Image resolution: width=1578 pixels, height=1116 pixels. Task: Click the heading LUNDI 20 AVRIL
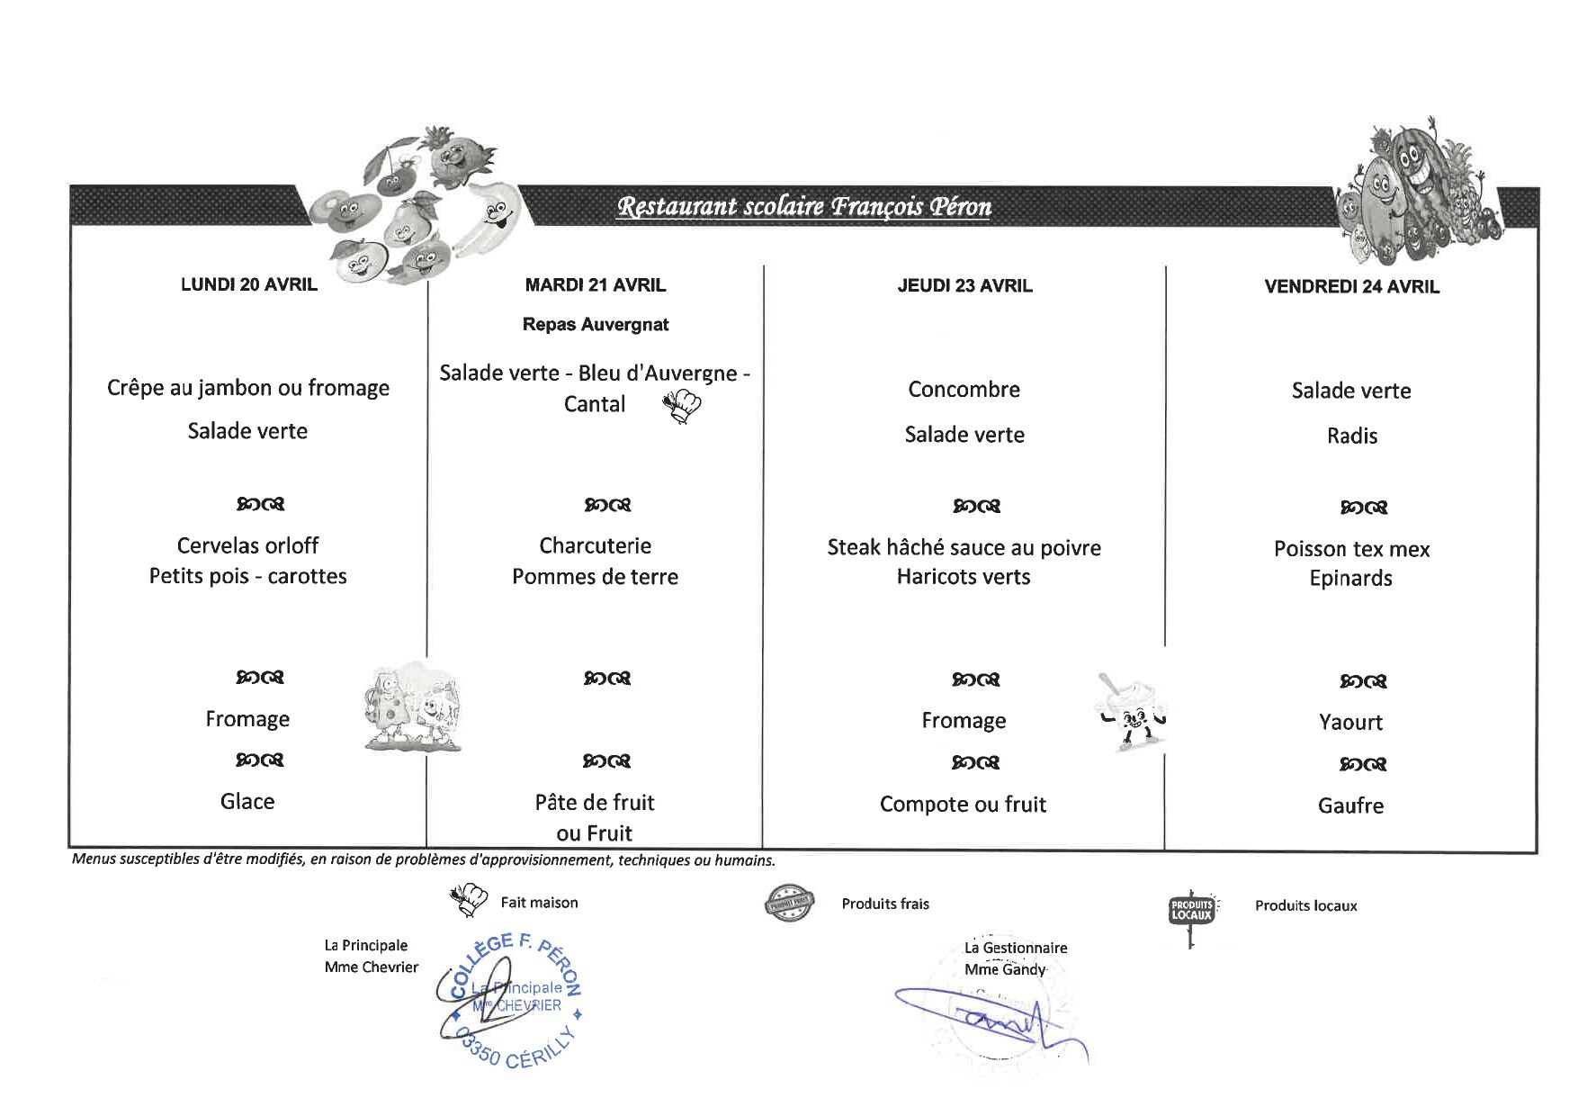248,284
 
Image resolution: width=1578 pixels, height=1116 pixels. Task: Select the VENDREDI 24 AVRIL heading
1350,286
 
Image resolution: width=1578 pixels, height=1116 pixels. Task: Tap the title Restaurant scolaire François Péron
803,207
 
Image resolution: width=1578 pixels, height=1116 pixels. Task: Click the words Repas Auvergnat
595,324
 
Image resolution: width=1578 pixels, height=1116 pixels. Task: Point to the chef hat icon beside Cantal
682,406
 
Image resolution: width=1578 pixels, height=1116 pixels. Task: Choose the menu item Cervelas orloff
247,545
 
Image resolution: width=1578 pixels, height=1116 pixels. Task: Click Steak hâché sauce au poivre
964,547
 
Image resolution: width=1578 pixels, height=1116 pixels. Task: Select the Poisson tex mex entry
1350,549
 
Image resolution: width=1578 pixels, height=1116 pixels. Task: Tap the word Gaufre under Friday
1349,805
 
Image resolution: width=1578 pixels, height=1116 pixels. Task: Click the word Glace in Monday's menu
247,801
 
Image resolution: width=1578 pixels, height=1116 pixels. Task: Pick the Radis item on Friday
1351,436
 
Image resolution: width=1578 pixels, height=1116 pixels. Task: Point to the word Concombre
964,389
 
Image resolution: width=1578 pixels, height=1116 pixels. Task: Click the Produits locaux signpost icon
1191,913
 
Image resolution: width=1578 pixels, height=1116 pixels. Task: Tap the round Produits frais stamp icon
788,903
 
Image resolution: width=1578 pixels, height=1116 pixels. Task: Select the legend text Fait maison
539,902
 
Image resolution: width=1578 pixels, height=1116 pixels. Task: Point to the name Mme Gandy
1005,969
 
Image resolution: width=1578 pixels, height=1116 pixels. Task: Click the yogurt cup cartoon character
1131,711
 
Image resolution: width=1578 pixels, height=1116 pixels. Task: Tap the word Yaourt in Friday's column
1349,722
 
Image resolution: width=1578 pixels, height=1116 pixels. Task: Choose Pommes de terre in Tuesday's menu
595,576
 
